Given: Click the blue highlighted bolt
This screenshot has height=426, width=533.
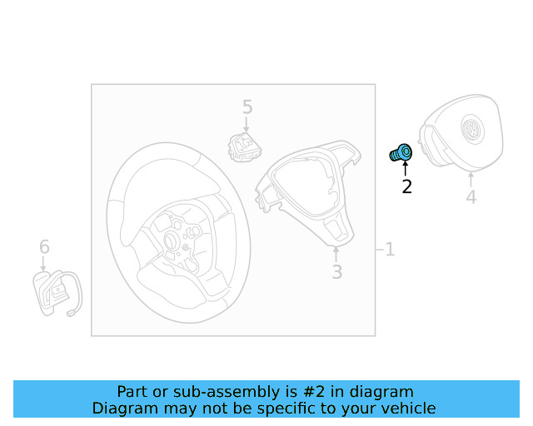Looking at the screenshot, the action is click(x=401, y=152).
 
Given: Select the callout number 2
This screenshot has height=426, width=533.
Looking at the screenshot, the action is click(x=406, y=187).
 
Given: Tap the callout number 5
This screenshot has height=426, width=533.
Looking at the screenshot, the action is click(x=247, y=107).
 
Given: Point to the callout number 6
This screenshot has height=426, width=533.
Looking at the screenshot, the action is click(x=44, y=246).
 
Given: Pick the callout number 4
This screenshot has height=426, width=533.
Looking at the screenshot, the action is click(x=471, y=197).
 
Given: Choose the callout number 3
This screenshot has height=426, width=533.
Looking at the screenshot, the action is click(x=336, y=272).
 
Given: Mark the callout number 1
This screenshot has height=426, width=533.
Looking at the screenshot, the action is click(x=390, y=250).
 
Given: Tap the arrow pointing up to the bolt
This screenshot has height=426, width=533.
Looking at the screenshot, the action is click(x=405, y=169).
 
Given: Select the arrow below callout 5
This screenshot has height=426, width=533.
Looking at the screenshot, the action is click(x=247, y=124).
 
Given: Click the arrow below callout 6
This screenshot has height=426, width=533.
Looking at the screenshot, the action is click(x=43, y=264).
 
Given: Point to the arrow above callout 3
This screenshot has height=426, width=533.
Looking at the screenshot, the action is click(x=336, y=255).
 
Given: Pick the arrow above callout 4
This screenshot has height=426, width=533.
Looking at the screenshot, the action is click(x=471, y=180).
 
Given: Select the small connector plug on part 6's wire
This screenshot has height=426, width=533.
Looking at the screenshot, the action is click(x=71, y=313).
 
